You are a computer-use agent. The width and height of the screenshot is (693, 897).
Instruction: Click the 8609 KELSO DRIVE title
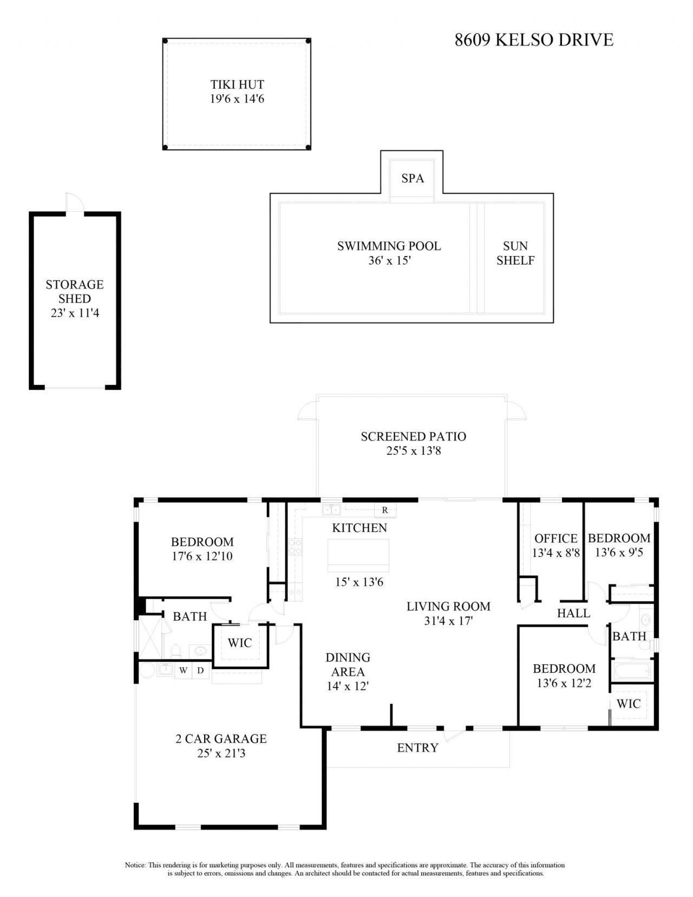pos(534,40)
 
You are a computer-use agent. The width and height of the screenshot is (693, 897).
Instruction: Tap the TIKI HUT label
pos(237,84)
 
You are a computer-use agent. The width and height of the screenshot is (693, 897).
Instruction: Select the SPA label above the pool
pos(413,178)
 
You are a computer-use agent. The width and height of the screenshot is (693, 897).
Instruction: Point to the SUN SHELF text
pos(515,253)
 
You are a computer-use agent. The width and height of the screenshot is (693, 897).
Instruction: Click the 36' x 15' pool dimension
pos(389,260)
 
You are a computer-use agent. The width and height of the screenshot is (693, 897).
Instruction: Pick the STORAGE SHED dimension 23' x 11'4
pos(75,313)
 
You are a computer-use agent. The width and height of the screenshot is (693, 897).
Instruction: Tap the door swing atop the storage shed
pos(74,202)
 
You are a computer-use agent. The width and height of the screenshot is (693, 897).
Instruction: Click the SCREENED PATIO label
pos(413,436)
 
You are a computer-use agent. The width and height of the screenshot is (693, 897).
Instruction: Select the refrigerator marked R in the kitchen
pos(385,509)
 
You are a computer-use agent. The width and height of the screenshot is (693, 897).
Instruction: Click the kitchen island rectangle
pos(358,555)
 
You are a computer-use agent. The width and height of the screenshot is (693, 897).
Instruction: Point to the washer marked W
pos(184,671)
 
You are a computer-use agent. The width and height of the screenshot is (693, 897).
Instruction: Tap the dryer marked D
pos(200,671)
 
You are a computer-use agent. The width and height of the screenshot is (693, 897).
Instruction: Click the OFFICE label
pos(555,539)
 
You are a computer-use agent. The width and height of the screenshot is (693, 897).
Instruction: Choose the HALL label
pos(573,613)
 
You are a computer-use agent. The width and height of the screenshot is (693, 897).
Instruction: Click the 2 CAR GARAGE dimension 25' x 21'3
pos(221,753)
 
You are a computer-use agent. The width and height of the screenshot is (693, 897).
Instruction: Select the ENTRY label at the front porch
pos(417,748)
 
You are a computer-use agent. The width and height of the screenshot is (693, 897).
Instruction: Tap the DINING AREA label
pos(348,664)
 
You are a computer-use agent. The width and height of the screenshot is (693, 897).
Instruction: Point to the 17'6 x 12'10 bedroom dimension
pos(202,556)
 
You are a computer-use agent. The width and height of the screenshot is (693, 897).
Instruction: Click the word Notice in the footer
pos(135,865)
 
